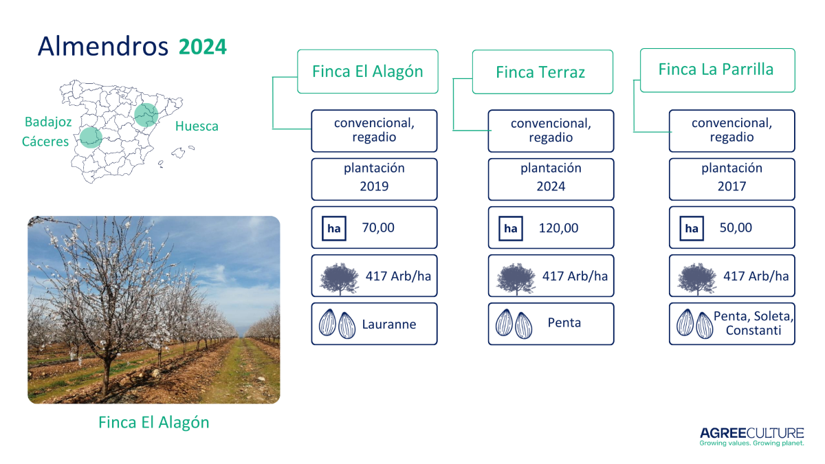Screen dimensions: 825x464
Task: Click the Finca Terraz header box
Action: (542, 71)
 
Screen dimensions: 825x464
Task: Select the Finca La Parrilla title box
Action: (718, 70)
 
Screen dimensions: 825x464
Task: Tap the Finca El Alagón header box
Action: (368, 71)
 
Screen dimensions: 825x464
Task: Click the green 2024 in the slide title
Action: (203, 47)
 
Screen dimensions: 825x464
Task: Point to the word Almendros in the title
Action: (103, 46)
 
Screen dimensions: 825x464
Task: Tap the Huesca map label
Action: (197, 126)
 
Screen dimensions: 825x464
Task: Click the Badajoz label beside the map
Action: (48, 122)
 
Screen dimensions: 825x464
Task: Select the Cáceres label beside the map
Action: (45, 142)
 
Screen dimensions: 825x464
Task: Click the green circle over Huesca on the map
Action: (146, 115)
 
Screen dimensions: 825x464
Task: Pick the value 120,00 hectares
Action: (558, 228)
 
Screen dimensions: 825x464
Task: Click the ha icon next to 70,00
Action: (334, 228)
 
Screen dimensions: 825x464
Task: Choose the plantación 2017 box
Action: (731, 179)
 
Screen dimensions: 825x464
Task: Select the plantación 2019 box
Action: (374, 179)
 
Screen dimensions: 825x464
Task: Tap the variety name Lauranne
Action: (389, 324)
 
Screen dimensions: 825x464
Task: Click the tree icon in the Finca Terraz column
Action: (516, 279)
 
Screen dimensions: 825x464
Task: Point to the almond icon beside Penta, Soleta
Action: (694, 324)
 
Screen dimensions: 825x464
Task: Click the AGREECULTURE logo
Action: (751, 437)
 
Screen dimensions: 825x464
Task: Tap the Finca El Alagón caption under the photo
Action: (153, 422)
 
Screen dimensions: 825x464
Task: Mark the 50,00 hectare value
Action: (736, 228)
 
